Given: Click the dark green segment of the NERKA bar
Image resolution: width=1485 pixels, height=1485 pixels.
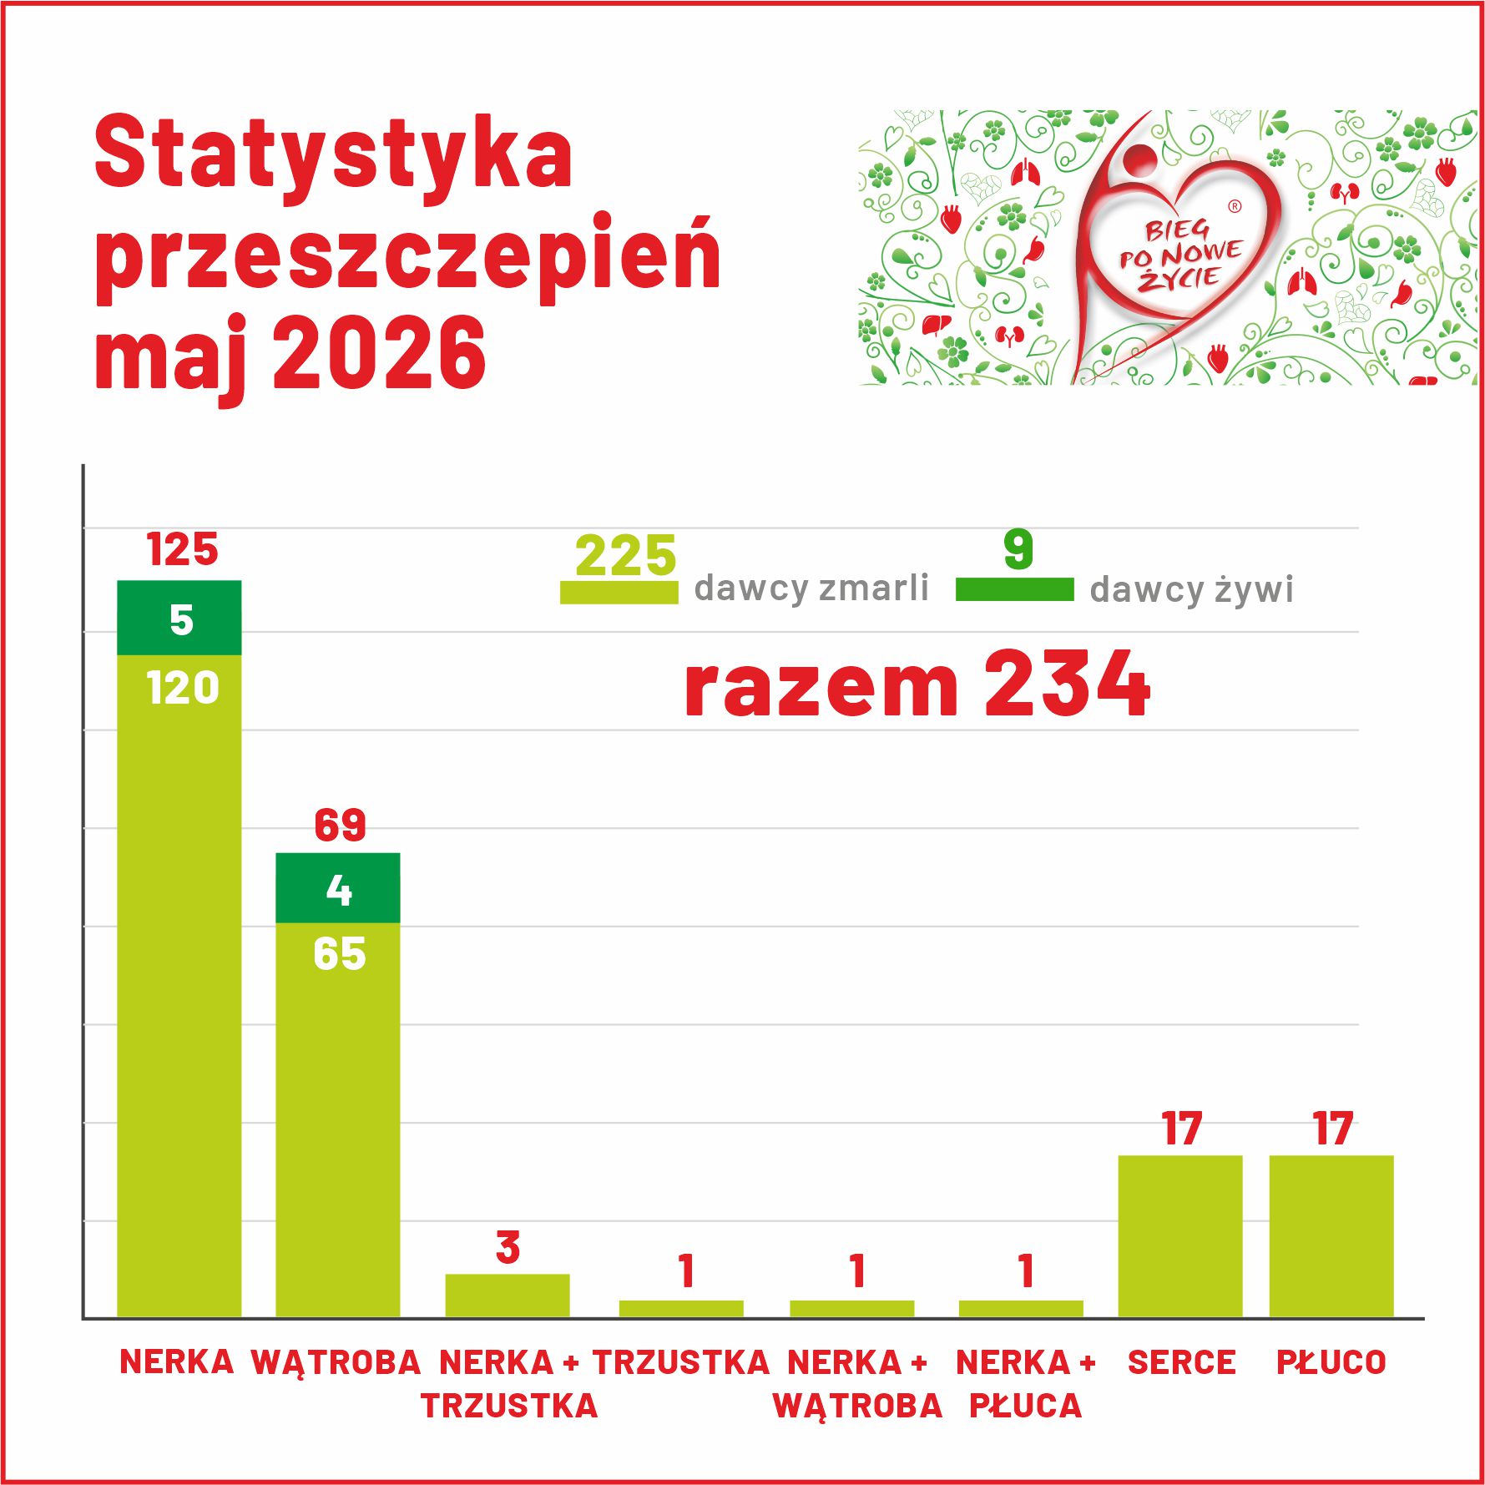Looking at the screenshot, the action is [179, 618].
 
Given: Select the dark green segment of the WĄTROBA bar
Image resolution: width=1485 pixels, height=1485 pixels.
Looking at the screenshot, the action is [338, 887].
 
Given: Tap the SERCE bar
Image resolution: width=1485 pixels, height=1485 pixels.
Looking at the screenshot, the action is [1180, 1236].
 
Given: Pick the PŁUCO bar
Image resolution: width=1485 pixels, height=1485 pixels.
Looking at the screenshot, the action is [1331, 1236].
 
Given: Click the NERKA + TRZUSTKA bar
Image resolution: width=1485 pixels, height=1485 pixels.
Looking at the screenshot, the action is [508, 1296].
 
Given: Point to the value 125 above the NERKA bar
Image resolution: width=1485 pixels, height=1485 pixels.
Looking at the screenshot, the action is [182, 549].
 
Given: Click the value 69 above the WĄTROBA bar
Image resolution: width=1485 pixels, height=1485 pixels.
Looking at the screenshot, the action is [340, 826].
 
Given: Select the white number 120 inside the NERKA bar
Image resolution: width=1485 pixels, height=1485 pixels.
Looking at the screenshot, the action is [182, 689].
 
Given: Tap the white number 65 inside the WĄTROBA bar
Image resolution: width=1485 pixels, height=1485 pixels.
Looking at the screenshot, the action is [340, 954].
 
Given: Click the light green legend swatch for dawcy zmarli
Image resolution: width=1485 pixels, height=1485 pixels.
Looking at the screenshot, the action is [619, 592].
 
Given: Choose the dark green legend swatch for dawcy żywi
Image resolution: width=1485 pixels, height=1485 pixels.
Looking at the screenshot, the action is [1014, 589].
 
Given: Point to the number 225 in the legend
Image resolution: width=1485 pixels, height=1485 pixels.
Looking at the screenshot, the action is [626, 556].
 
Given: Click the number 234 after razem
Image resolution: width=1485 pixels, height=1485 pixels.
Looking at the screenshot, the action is [1068, 684].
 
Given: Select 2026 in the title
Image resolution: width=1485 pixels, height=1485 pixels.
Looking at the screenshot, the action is [380, 353].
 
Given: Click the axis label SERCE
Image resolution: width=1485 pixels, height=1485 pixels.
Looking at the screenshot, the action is [1181, 1362].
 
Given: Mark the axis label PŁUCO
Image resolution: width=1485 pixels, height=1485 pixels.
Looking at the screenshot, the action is [1331, 1362].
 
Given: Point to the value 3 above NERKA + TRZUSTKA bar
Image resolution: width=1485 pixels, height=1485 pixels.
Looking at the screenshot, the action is [508, 1248].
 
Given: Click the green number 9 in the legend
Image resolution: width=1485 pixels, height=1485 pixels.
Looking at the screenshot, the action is [1018, 549].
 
